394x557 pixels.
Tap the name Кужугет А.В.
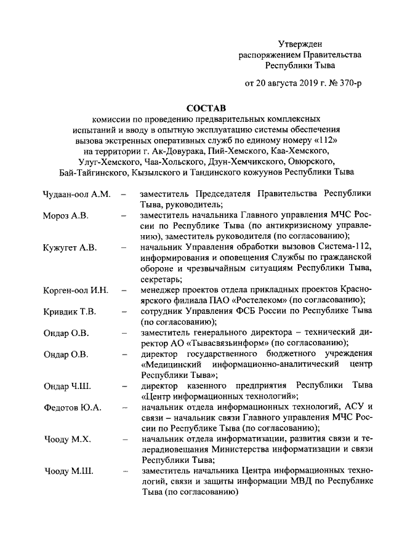70,247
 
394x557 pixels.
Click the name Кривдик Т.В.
70,311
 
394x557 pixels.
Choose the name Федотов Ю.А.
73,407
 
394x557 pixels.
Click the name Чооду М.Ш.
68,471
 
